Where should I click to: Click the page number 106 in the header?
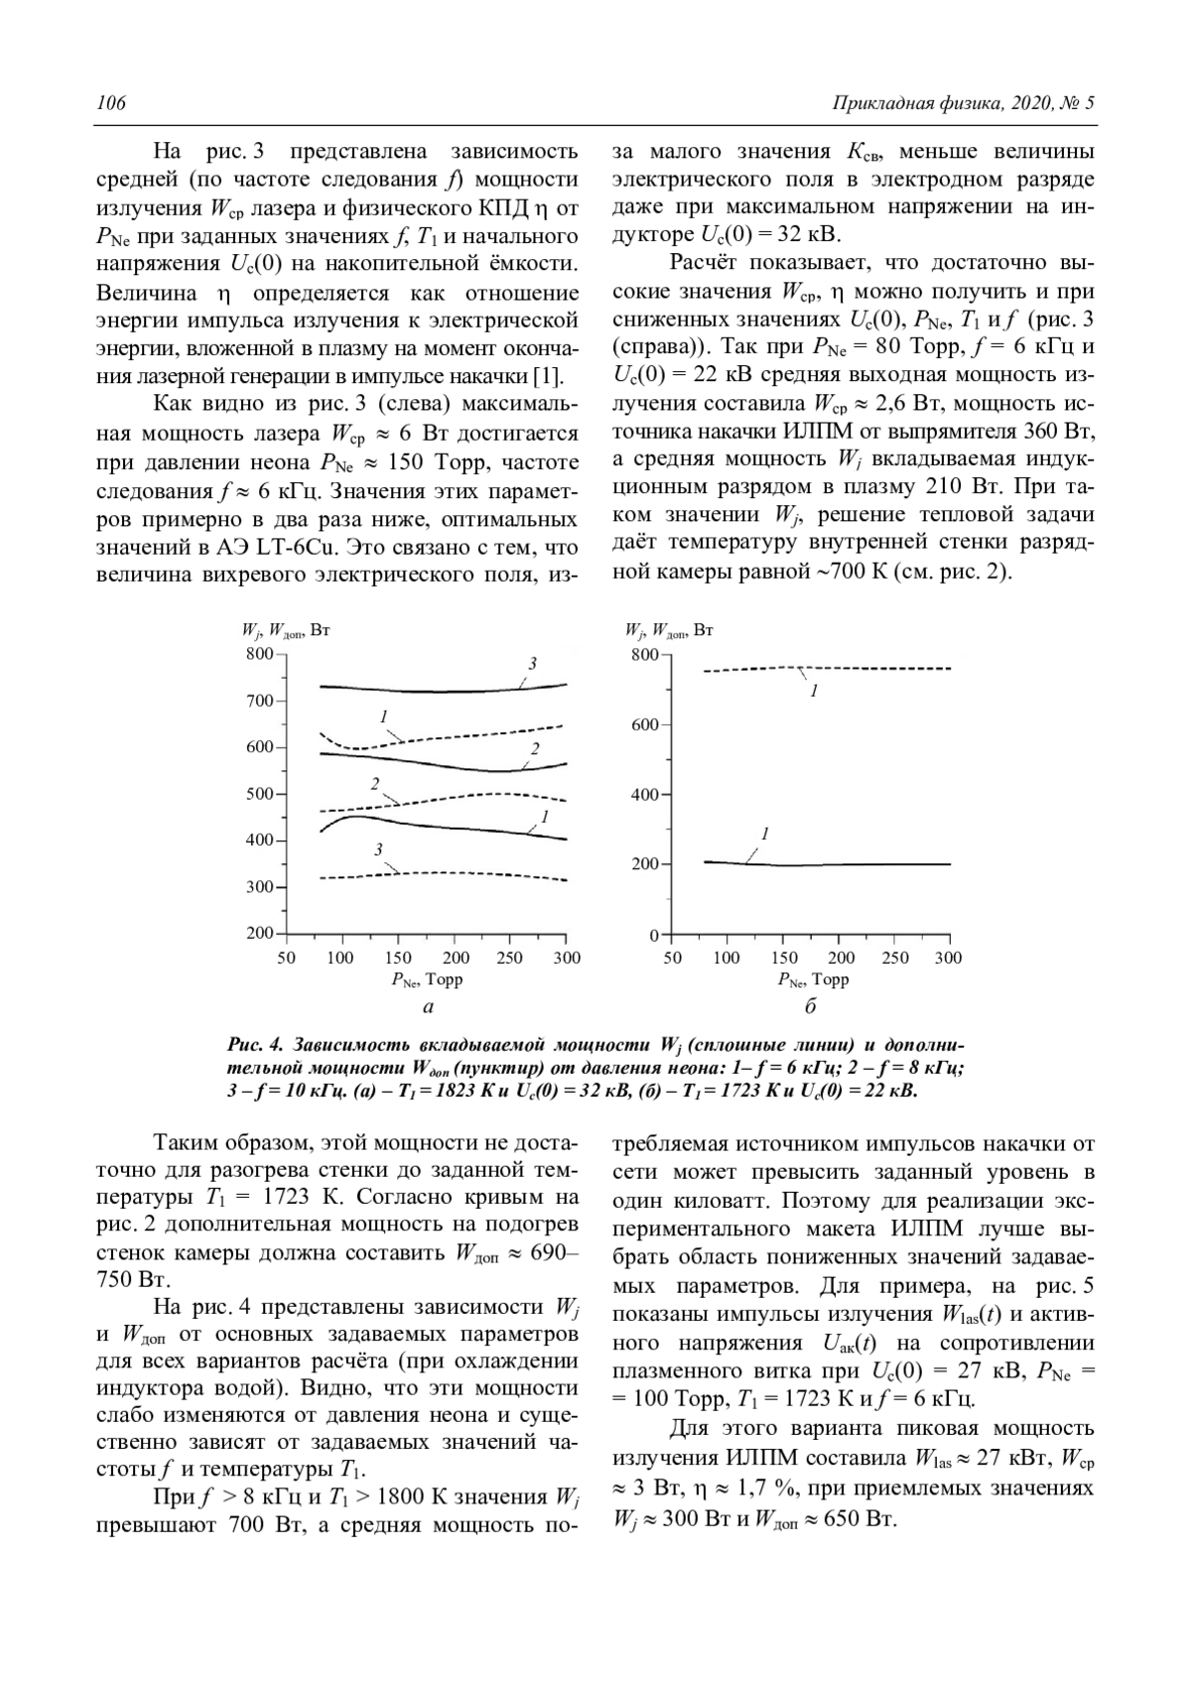click(x=110, y=104)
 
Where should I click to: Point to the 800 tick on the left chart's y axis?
click(x=259, y=654)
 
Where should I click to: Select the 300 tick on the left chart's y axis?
click(x=259, y=887)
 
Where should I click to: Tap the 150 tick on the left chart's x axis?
click(x=399, y=958)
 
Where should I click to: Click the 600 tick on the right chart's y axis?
click(x=644, y=725)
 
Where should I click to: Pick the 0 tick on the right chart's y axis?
click(x=653, y=935)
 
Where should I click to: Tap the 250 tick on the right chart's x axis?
click(x=895, y=958)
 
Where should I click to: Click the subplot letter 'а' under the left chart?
click(x=428, y=1007)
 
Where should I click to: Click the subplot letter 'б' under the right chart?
click(x=810, y=1007)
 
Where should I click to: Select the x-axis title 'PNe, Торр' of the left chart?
click(x=427, y=980)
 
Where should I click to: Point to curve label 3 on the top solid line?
click(x=532, y=663)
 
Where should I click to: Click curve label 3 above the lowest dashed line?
click(x=378, y=849)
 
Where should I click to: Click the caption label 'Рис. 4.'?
click(x=256, y=1044)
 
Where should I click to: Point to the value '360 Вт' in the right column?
click(x=1057, y=433)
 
